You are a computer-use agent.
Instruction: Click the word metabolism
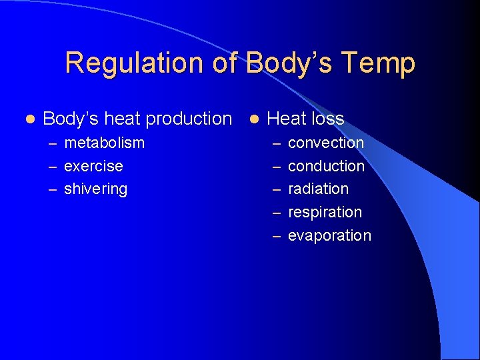coord(104,143)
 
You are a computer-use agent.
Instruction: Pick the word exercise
coord(93,166)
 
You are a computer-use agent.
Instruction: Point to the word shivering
coord(95,189)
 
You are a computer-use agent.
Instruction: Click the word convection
coord(325,143)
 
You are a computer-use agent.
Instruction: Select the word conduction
coord(326,166)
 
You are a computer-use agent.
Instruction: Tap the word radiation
coord(318,189)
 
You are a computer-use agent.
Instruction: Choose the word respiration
coord(325,213)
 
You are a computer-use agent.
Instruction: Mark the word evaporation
coord(329,236)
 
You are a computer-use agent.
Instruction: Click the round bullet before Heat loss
coord(253,119)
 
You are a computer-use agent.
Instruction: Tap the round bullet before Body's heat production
coord(29,119)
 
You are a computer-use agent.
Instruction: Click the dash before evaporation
coord(276,237)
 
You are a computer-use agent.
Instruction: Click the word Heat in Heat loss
coord(285,119)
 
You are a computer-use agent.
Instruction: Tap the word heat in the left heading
coord(122,119)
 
